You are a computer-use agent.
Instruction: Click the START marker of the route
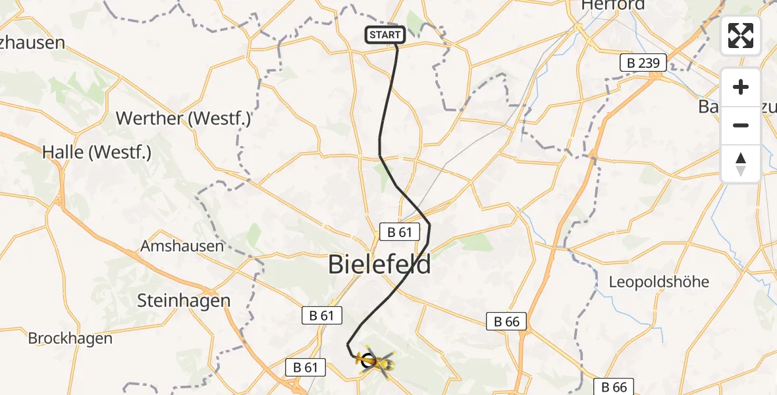pyautogui.click(x=385, y=35)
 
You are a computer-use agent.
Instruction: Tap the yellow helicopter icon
pyautogui.click(x=376, y=361)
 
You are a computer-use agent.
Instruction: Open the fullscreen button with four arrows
pyautogui.click(x=741, y=36)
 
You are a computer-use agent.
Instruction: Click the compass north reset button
pyautogui.click(x=741, y=164)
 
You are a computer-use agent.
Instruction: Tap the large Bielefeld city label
pyautogui.click(x=380, y=265)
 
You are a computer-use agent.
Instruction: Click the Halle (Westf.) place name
pyautogui.click(x=97, y=152)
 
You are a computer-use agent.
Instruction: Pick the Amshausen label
pyautogui.click(x=182, y=246)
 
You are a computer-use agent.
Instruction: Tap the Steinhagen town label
pyautogui.click(x=184, y=301)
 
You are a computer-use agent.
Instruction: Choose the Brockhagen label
pyautogui.click(x=70, y=338)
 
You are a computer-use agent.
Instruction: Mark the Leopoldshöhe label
pyautogui.click(x=658, y=282)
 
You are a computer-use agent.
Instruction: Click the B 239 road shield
pyautogui.click(x=643, y=63)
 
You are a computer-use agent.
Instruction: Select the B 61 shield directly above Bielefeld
pyautogui.click(x=400, y=232)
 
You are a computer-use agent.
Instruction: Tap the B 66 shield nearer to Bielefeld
pyautogui.click(x=506, y=321)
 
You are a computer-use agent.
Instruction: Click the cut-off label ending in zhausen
pyautogui.click(x=33, y=43)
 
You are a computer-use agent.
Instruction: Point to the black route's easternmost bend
pyautogui.click(x=429, y=226)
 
